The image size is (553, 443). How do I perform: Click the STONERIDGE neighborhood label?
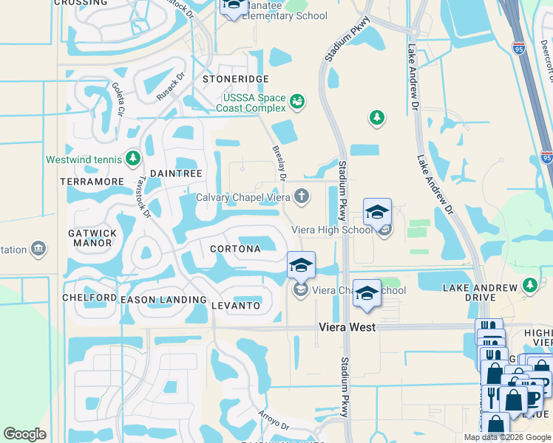(236, 79)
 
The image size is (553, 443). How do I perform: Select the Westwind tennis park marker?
(133, 159)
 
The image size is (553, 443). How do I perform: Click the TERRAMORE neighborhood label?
(92, 182)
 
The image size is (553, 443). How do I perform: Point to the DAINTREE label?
(176, 174)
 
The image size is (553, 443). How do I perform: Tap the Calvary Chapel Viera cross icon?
(301, 196)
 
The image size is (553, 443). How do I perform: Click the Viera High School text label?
(331, 230)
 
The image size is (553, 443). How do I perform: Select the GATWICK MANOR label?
(92, 239)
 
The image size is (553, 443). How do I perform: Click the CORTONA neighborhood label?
(235, 249)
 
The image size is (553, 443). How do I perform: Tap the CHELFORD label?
(89, 298)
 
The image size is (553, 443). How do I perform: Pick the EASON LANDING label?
(163, 300)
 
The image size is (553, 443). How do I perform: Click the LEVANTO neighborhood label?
(236, 306)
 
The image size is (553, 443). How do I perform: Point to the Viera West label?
(347, 326)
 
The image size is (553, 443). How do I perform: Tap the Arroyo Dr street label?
(273, 420)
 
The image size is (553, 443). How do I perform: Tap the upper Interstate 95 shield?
(518, 48)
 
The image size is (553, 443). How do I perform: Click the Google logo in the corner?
(24, 434)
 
